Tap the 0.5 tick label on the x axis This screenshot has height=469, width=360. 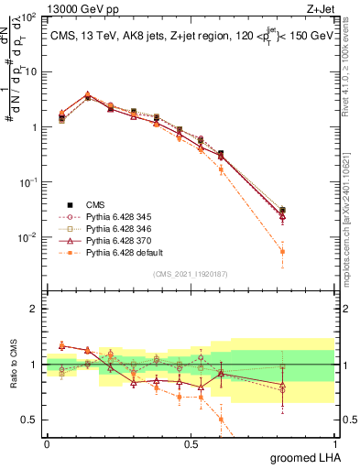(x=191, y=443)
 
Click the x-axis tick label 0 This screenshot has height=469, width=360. (x=47, y=443)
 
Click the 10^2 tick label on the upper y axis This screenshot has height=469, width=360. (x=27, y=17)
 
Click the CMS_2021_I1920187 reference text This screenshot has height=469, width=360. (x=191, y=273)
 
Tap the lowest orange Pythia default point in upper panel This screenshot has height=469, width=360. (x=282, y=251)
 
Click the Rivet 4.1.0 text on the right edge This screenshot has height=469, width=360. (x=353, y=64)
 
